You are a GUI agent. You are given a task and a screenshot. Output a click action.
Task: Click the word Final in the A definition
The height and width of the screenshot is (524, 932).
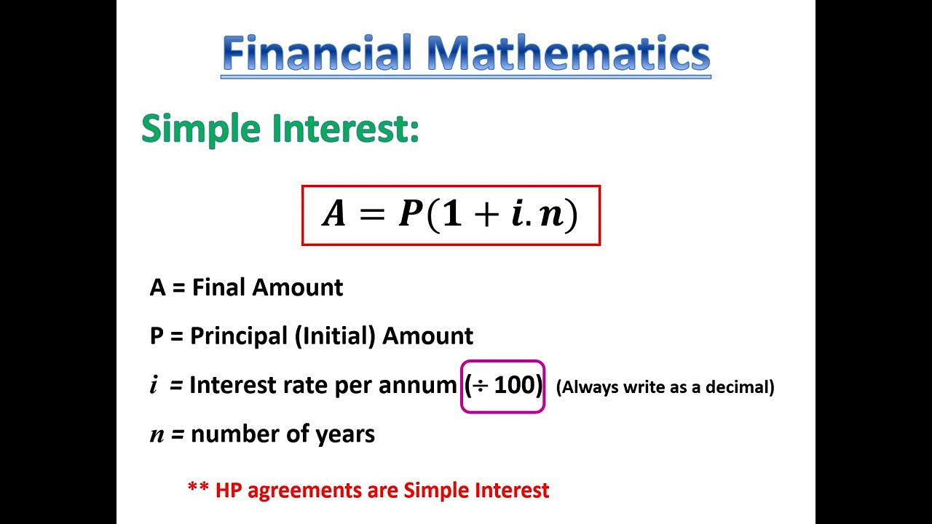(215, 287)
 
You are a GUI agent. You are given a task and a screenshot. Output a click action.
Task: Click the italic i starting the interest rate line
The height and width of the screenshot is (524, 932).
(154, 386)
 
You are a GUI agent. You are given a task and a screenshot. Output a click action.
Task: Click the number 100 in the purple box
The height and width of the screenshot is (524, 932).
(515, 386)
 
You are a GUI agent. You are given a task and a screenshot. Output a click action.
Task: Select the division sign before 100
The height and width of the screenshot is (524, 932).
(480, 386)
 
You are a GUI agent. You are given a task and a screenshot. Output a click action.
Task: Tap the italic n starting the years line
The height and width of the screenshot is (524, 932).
(157, 435)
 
